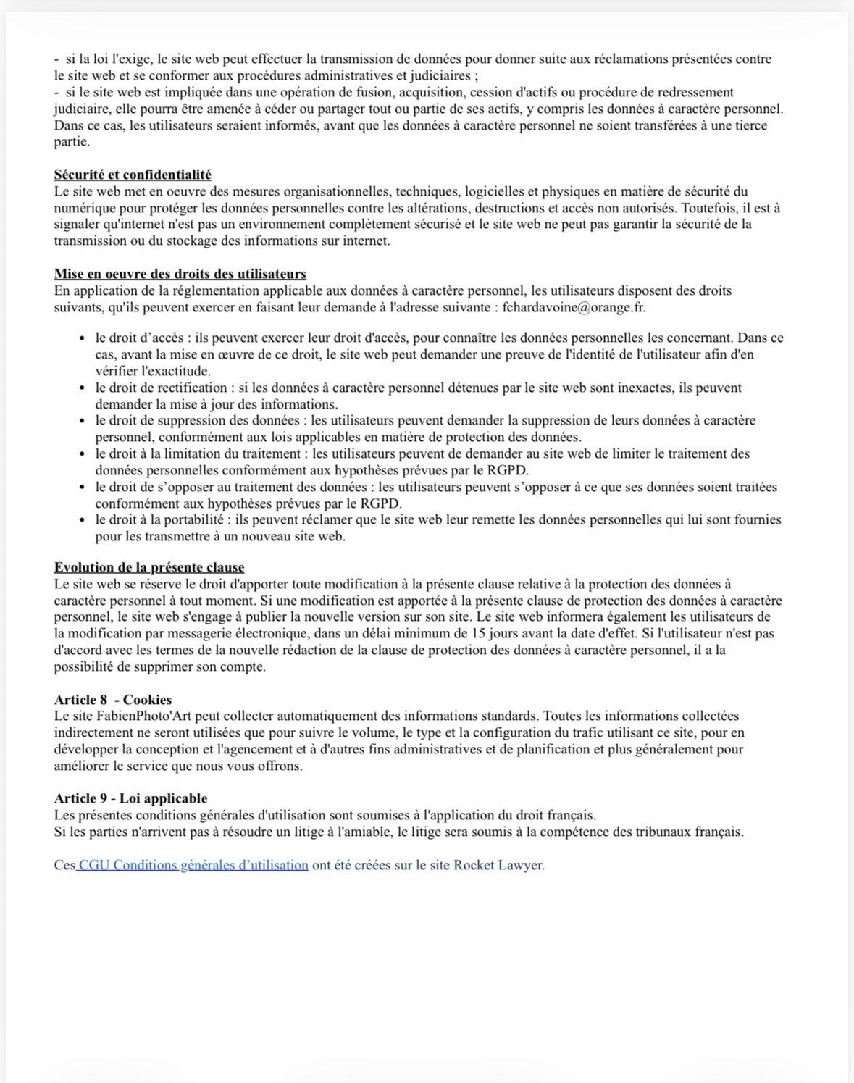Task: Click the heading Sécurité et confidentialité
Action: [133, 175]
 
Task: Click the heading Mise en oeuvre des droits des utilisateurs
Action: [180, 274]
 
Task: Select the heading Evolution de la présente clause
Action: [149, 567]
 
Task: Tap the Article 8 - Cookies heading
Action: [113, 700]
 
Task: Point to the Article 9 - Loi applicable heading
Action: [130, 798]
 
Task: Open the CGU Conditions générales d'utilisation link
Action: [193, 865]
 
